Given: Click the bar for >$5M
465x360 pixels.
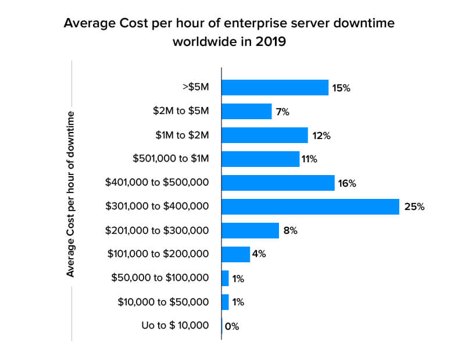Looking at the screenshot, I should (275, 88).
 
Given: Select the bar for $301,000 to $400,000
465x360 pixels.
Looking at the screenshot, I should (310, 206).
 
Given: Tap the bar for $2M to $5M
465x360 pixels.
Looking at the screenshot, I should (246, 112).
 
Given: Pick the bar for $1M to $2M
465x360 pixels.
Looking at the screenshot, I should (264, 136).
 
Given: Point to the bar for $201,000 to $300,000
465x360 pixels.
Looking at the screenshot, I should (250, 230).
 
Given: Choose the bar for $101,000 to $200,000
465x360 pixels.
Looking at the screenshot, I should (235, 254).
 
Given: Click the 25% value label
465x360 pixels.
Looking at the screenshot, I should (414, 206).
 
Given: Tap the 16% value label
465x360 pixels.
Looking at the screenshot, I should (348, 183).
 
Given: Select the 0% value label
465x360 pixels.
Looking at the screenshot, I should (232, 326).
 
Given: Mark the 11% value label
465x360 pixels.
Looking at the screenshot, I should (309, 159).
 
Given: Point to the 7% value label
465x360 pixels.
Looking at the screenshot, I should (283, 112).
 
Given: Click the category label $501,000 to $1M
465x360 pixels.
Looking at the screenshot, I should (170, 159).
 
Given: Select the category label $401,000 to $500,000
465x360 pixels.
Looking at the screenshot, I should (157, 183).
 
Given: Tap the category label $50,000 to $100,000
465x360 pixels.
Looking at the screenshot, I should (160, 278).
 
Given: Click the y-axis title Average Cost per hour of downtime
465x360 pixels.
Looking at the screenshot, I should (71, 193).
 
